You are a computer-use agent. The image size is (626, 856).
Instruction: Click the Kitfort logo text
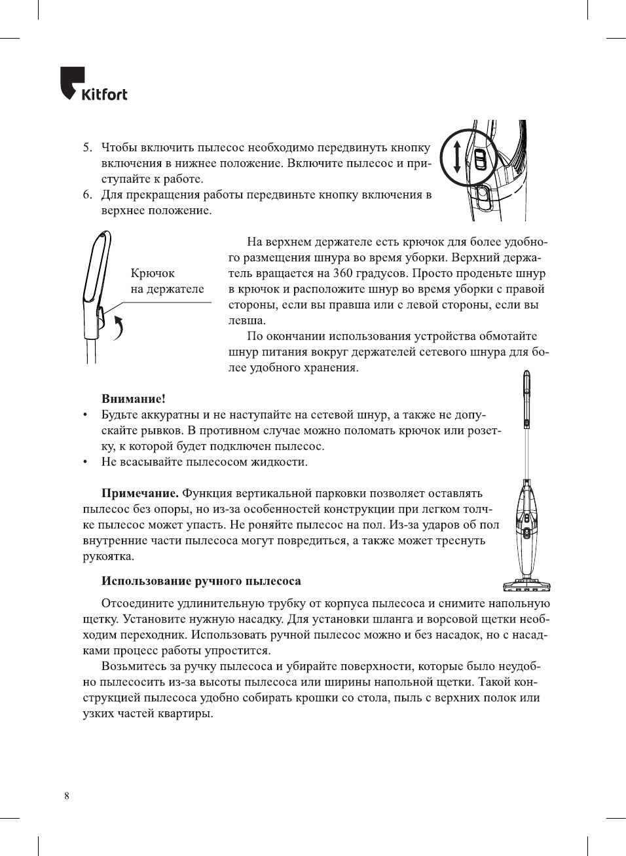[104, 94]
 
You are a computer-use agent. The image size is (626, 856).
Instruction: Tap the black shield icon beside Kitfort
[71, 82]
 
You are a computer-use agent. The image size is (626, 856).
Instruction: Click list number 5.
[87, 148]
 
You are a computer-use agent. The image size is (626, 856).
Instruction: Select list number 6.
[87, 195]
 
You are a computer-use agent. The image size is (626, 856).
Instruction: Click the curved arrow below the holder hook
[119, 327]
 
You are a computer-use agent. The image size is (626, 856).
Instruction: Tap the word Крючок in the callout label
[153, 274]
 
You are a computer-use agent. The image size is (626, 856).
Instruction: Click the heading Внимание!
[133, 399]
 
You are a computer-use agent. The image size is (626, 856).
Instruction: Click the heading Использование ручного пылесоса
[201, 581]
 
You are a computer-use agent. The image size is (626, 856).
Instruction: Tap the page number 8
[67, 796]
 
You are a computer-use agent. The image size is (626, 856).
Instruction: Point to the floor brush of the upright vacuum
[526, 584]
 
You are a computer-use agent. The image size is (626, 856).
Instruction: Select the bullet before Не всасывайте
[85, 462]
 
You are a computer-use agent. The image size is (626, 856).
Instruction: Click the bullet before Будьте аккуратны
[85, 415]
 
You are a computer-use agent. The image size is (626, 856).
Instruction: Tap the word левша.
[247, 321]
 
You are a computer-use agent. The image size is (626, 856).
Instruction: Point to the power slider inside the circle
[480, 158]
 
